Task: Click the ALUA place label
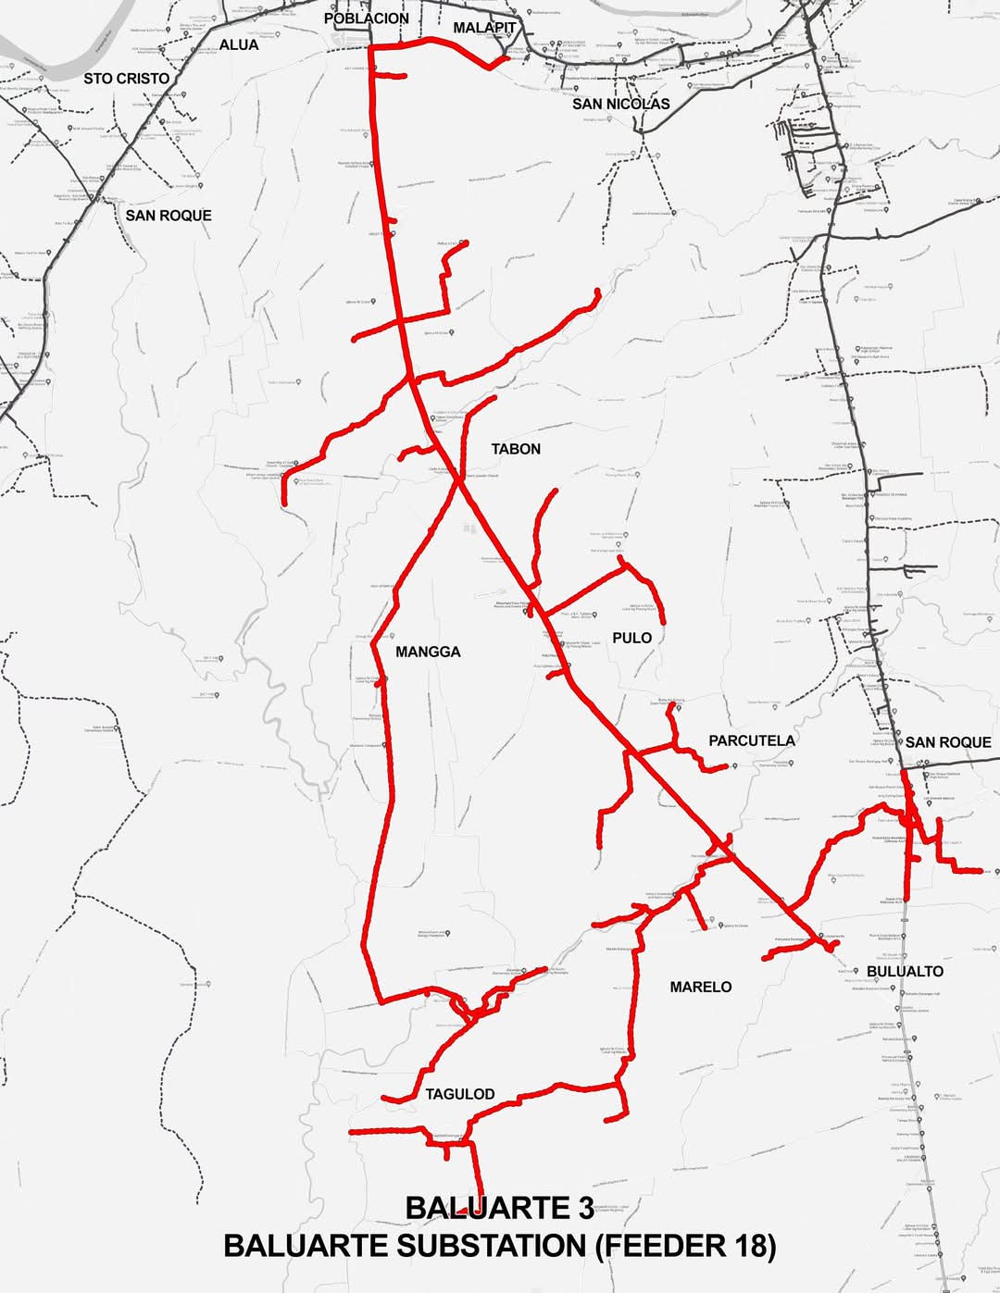[239, 44]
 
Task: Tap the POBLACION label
[367, 19]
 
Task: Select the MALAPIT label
[484, 28]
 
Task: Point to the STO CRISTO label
[127, 79]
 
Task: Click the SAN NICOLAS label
[620, 104]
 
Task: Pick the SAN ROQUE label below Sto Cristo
[169, 216]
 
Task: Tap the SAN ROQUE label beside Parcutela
[948, 742]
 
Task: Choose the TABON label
[516, 449]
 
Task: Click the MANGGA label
[428, 652]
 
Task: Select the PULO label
[631, 638]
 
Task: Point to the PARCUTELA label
[752, 740]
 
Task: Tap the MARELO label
[701, 987]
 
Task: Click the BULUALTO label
[905, 971]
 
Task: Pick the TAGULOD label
[460, 1094]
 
